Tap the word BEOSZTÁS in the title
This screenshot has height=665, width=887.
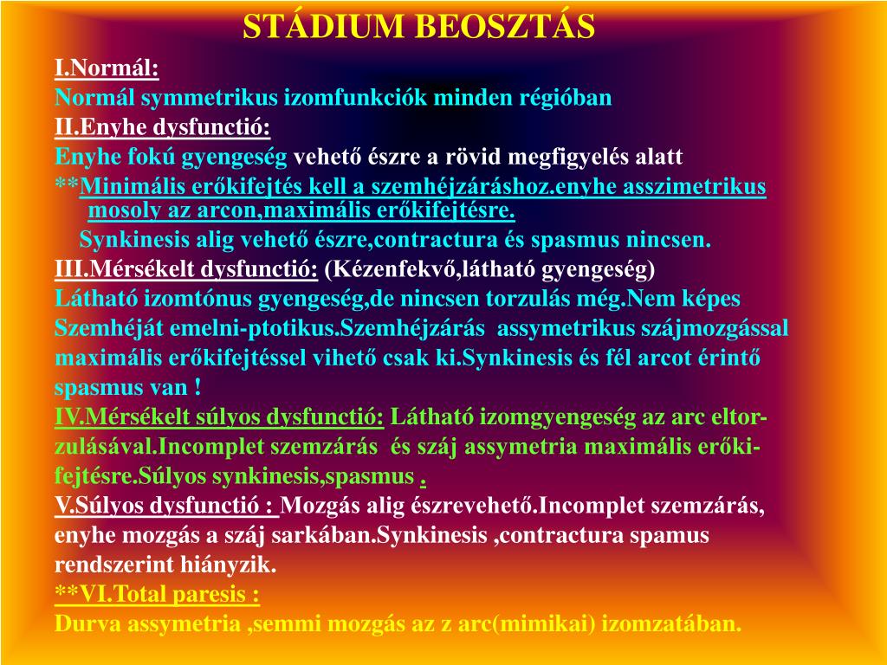pos(506,27)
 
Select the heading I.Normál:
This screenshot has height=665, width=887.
pos(107,68)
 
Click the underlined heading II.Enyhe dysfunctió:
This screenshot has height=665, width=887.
pos(162,128)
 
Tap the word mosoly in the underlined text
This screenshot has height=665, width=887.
pos(119,210)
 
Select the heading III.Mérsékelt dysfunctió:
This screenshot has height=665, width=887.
pos(186,269)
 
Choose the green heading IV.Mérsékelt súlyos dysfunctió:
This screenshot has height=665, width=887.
pos(220,417)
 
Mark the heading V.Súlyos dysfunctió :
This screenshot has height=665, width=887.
pos(166,506)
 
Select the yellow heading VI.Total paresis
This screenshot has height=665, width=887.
pos(165,595)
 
